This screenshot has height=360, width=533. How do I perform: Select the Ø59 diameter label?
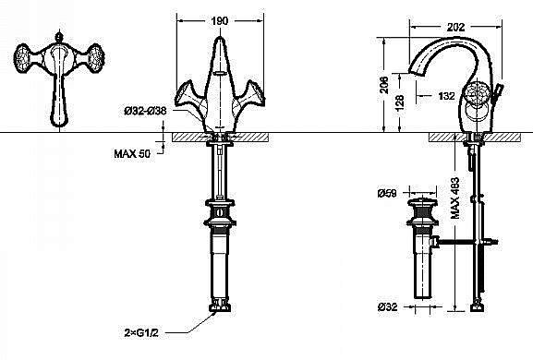click(387, 193)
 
